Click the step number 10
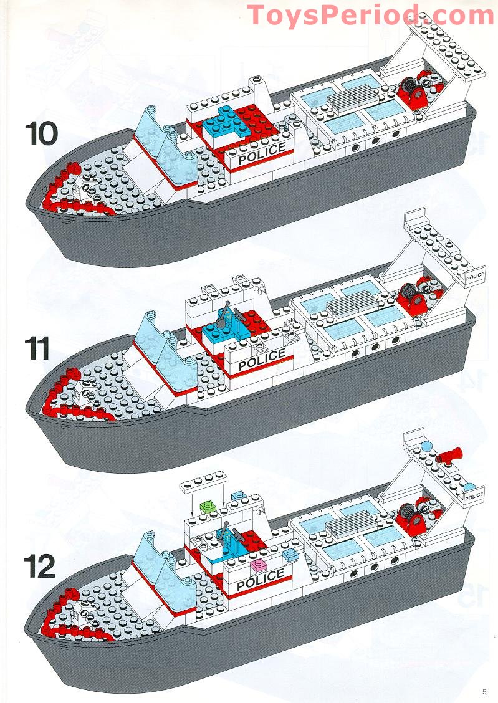[x=42, y=133]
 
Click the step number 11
[x=39, y=348]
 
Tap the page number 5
[x=484, y=691]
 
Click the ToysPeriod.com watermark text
[x=370, y=15]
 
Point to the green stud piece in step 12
[x=208, y=504]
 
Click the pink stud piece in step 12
[x=257, y=565]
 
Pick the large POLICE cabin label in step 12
[x=260, y=581]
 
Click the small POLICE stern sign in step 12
[x=474, y=496]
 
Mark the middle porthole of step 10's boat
[x=375, y=143]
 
